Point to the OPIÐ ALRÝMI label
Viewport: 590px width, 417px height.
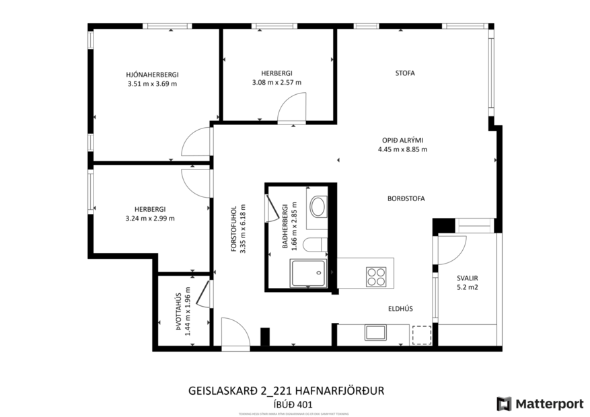pyautogui.click(x=402, y=140)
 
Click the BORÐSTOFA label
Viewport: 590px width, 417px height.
pyautogui.click(x=406, y=198)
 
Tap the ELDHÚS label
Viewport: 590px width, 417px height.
pyautogui.click(x=400, y=309)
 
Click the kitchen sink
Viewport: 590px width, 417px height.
pyautogui.click(x=374, y=332)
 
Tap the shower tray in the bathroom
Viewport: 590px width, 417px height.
pyautogui.click(x=308, y=273)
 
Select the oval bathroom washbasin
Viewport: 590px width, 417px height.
pyautogui.click(x=318, y=206)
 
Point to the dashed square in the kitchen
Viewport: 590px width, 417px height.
pyautogui.click(x=421, y=334)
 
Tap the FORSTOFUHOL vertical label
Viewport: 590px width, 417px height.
pyautogui.click(x=233, y=229)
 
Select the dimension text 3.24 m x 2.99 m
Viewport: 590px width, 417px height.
pyautogui.click(x=149, y=218)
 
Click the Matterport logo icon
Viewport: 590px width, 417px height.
pyautogui.click(x=504, y=404)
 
